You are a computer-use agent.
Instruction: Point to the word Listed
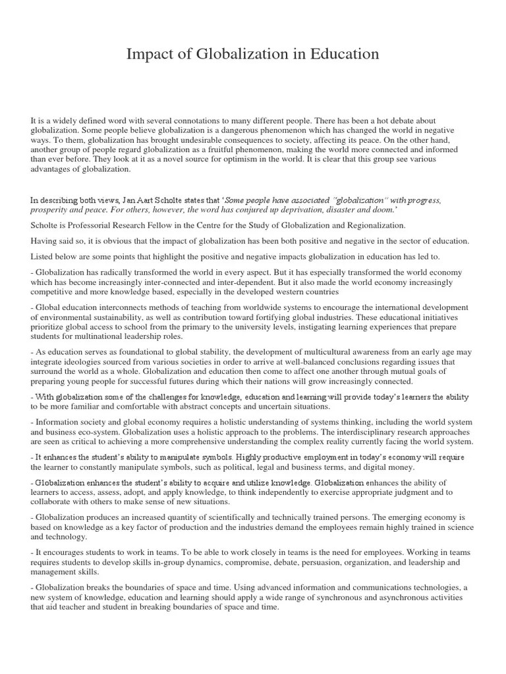click(x=43, y=257)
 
